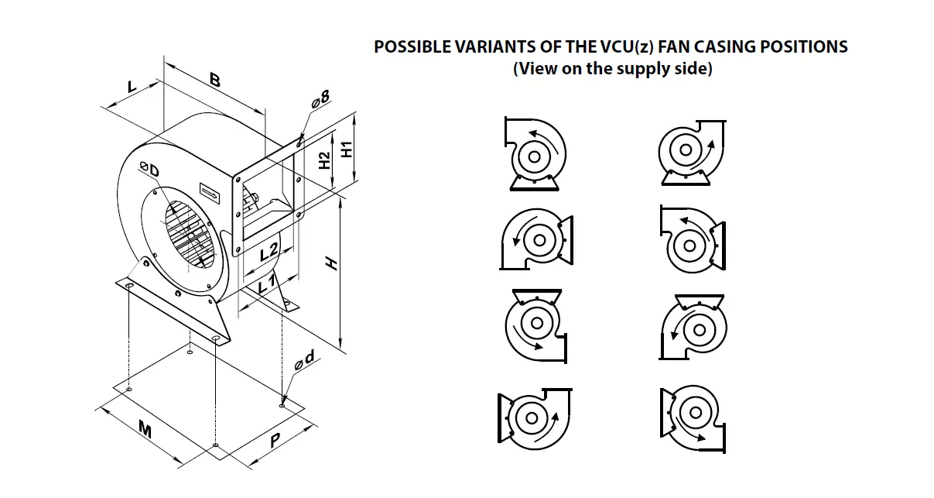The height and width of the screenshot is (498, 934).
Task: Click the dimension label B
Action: pos(214,80)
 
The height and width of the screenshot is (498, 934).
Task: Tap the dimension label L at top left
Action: pos(132,86)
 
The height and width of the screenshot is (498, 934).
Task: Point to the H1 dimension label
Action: pos(348,148)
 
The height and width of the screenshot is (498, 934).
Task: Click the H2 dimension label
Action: pos(326,160)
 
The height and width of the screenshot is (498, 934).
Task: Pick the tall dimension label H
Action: pos(332,264)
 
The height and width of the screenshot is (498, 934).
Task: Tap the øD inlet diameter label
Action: pos(149,170)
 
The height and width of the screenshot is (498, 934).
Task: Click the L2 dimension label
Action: pos(269,252)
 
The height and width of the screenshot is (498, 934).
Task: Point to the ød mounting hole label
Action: pos(303,359)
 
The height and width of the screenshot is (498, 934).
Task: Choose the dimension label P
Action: pos(275,441)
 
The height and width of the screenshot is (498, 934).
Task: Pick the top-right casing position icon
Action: pos(692,153)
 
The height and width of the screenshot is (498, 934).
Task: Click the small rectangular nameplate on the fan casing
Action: pos(210,187)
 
